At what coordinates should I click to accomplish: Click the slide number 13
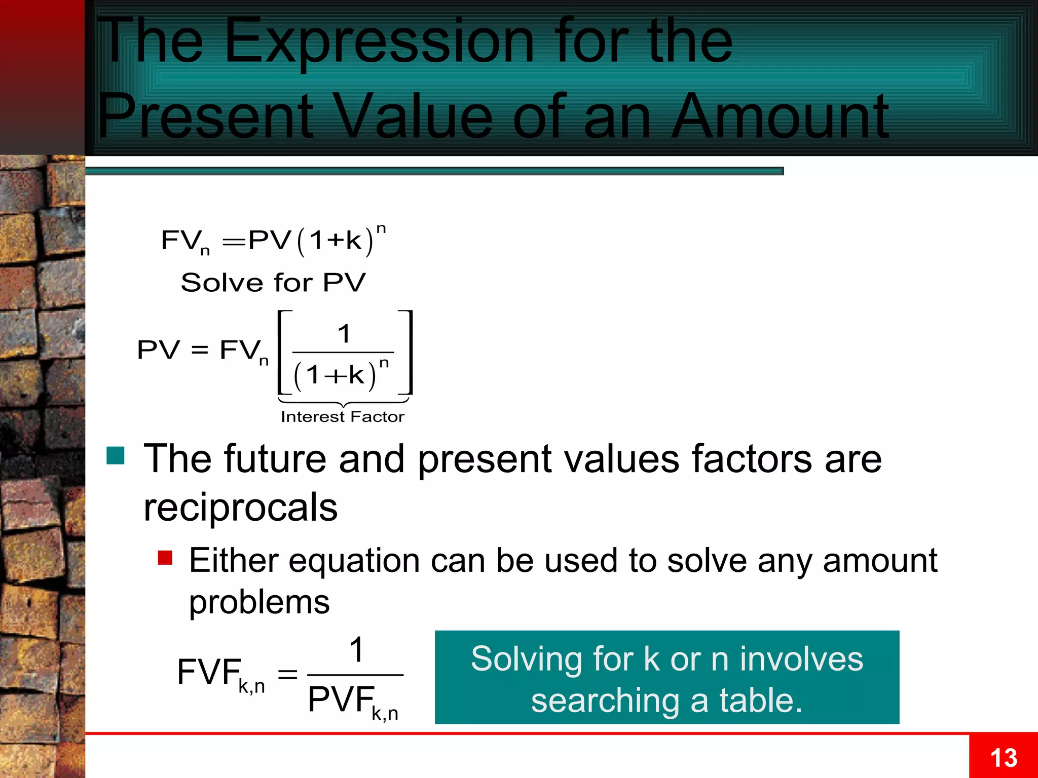tap(1004, 758)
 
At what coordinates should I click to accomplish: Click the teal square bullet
tap(116, 455)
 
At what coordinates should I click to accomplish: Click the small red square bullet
tap(165, 558)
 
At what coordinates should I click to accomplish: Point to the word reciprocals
tap(240, 507)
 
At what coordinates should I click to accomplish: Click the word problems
tap(259, 602)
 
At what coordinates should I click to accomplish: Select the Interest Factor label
tap(343, 417)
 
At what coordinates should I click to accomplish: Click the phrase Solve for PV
tap(273, 282)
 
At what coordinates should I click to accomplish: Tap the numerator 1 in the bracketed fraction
tap(344, 334)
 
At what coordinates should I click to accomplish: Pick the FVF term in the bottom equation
tap(209, 672)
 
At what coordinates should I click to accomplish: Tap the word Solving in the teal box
tap(526, 659)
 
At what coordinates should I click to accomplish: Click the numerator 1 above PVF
tap(357, 650)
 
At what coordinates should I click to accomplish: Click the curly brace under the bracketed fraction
tap(344, 403)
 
